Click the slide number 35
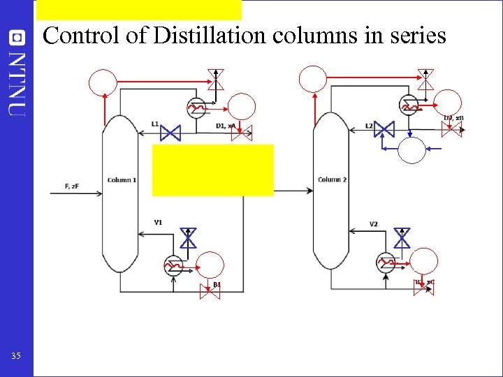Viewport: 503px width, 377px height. pyautogui.click(x=16, y=357)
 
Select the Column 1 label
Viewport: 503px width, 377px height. pyautogui.click(x=122, y=180)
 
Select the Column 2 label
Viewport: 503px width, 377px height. pyautogui.click(x=333, y=180)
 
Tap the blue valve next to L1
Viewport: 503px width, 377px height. pyautogui.click(x=170, y=132)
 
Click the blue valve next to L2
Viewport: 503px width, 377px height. pyautogui.click(x=384, y=129)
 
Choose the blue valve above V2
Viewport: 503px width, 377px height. pyautogui.click(x=402, y=239)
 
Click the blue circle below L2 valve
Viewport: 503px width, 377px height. pyautogui.click(x=412, y=149)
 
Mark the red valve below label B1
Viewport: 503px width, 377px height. pyautogui.click(x=210, y=294)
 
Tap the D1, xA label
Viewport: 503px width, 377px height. pyautogui.click(x=226, y=126)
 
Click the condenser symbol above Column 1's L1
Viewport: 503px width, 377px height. pyautogui.click(x=196, y=106)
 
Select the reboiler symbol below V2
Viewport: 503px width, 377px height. pyautogui.click(x=386, y=263)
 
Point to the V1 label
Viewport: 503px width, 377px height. pyautogui.click(x=158, y=222)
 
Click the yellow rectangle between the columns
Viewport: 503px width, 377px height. pyautogui.click(x=212, y=170)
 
